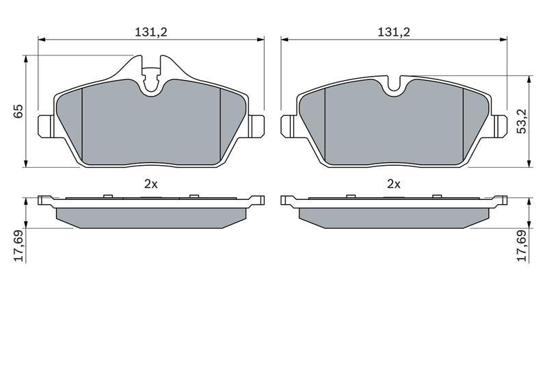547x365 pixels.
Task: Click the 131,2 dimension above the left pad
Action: pyautogui.click(x=151, y=32)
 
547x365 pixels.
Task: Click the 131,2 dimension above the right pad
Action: pyautogui.click(x=394, y=32)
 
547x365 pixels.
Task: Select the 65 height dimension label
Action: pyautogui.click(x=18, y=111)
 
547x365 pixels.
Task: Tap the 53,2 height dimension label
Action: pyautogui.click(x=522, y=121)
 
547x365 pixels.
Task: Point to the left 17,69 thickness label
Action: pyautogui.click(x=18, y=246)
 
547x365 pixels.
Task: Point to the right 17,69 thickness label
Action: pyautogui.click(x=522, y=246)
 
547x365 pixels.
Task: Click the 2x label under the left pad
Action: pyautogui.click(x=151, y=184)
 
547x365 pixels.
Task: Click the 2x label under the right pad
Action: pyautogui.click(x=394, y=184)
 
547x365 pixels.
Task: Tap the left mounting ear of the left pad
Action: pyautogui.click(x=45, y=127)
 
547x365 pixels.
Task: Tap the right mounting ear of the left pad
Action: pyautogui.click(x=256, y=127)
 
